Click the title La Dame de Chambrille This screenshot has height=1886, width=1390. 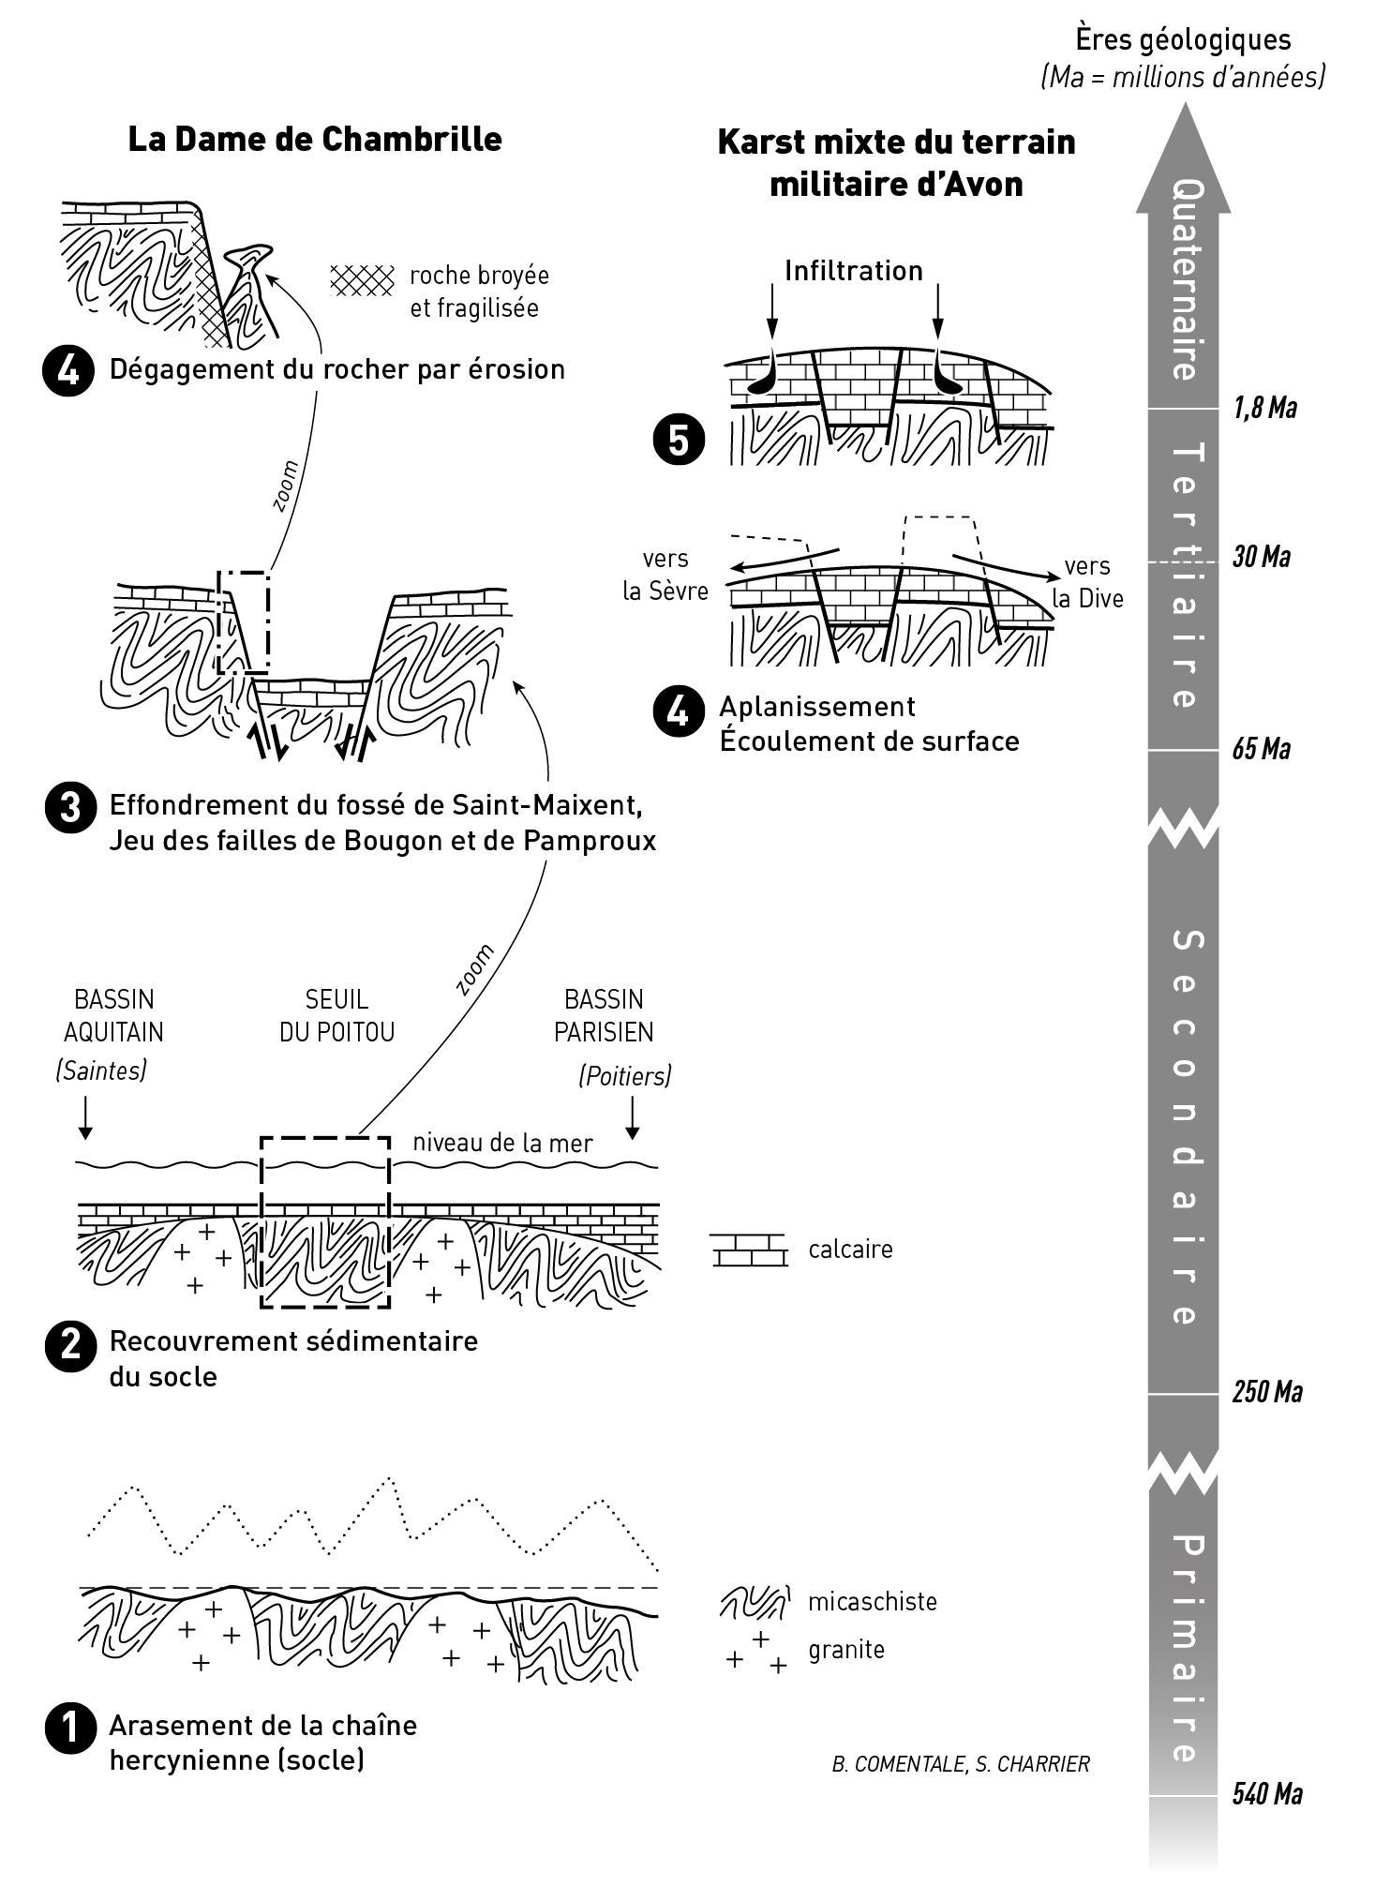[315, 140]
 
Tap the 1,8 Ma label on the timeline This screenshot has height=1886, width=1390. [1264, 408]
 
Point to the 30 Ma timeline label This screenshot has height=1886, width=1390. [1261, 557]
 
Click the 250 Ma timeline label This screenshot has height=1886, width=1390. [1267, 1392]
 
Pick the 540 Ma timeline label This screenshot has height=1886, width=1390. [1267, 1794]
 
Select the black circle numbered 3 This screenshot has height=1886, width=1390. [69, 808]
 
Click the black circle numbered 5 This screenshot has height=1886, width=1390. [679, 441]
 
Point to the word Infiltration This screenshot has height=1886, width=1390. [854, 271]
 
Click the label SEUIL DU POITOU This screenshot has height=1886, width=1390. [337, 1015]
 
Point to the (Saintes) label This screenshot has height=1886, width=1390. [101, 1070]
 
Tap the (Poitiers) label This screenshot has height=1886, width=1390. [625, 1075]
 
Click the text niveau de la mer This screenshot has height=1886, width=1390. [502, 1143]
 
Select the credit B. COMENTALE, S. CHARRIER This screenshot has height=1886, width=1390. [961, 1764]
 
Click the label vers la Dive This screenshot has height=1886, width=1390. [1087, 582]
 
